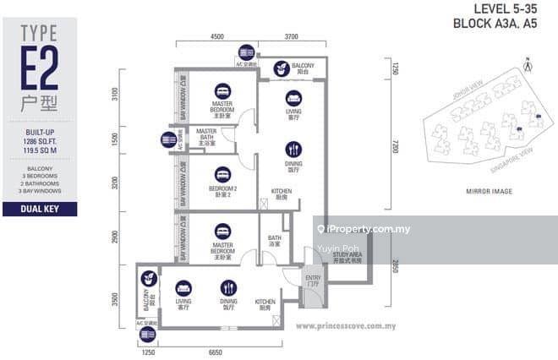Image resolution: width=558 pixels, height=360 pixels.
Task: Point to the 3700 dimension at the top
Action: coord(292,37)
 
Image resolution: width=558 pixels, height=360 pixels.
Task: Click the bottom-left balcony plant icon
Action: coord(147,277)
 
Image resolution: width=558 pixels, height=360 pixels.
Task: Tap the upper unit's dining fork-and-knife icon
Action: coord(293,150)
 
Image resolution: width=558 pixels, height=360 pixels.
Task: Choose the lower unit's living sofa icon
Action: coord(183,287)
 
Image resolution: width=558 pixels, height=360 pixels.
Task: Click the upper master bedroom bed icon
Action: coord(222,90)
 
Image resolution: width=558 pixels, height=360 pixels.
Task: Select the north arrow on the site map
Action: coord(528,65)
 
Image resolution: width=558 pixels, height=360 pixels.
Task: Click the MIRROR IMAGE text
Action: coord(490,192)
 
